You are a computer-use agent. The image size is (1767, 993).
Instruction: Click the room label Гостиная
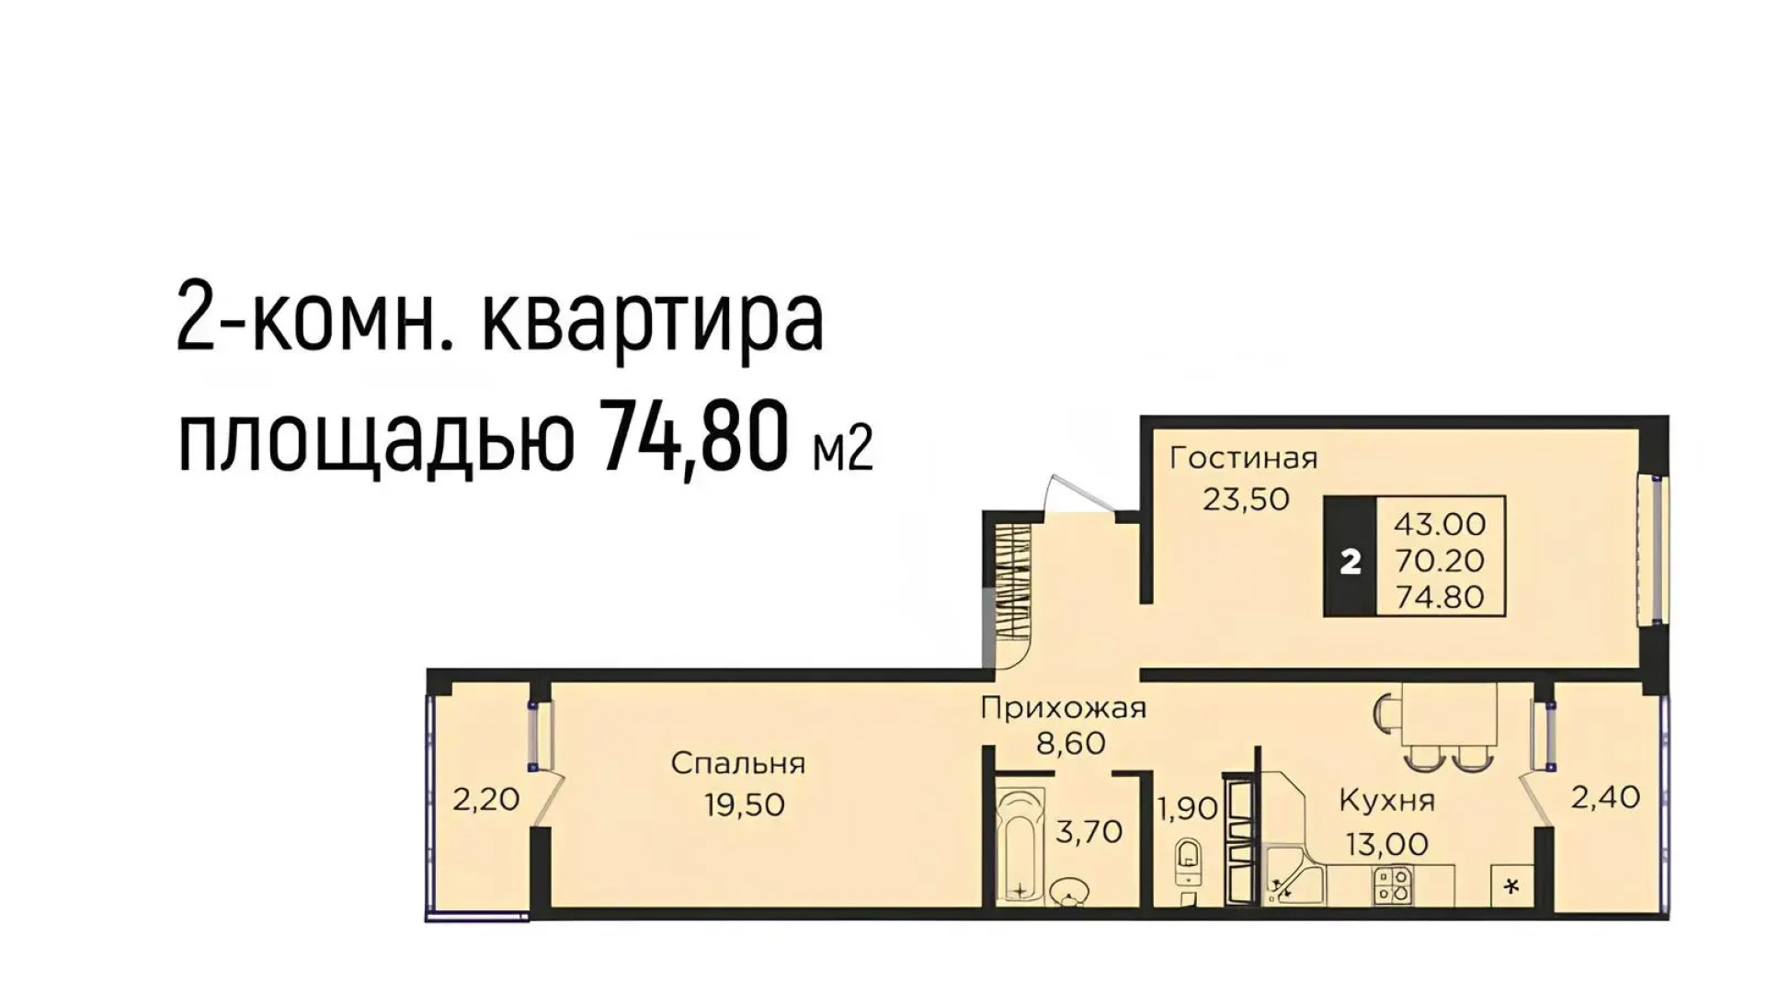point(1243,458)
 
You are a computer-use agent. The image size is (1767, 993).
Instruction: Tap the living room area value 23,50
point(1246,499)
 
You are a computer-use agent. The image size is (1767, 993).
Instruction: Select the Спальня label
point(737,763)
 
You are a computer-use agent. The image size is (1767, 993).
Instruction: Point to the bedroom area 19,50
point(745,805)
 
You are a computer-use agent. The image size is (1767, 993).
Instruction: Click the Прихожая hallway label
point(1063,708)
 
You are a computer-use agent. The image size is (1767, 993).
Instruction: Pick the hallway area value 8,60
point(1071,742)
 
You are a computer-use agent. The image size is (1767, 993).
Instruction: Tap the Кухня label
point(1386,800)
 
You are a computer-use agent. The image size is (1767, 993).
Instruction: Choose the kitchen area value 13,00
point(1387,843)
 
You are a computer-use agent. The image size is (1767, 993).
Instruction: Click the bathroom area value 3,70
point(1089,832)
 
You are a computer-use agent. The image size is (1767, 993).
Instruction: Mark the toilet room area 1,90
point(1187,809)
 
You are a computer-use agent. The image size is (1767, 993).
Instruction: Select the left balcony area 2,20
point(485,799)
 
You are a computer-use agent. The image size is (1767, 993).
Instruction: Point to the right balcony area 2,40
point(1604,797)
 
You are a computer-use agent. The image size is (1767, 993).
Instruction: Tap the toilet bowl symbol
point(1189,855)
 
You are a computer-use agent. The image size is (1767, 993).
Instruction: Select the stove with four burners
point(1392,885)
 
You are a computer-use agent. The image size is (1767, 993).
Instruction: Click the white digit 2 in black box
point(1350,562)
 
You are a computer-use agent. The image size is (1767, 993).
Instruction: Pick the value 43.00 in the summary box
point(1440,524)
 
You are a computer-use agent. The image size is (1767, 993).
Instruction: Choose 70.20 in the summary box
point(1440,561)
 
